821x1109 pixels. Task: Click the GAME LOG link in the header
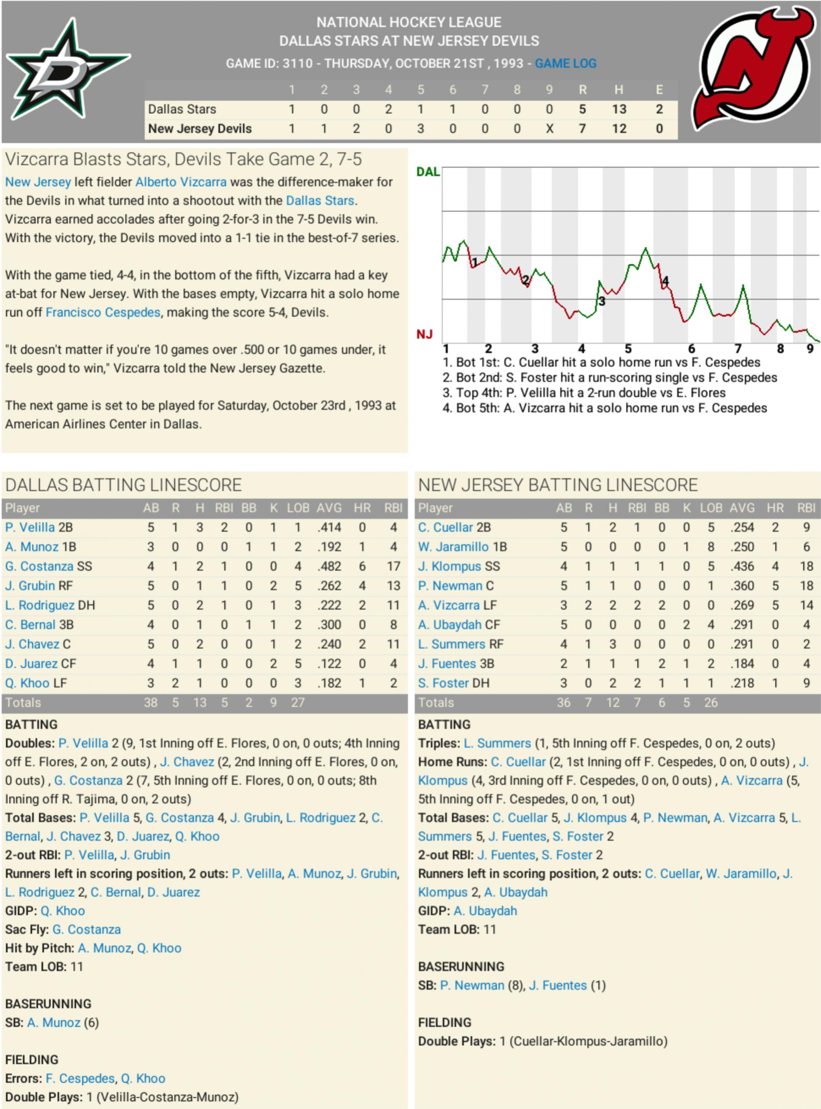point(566,64)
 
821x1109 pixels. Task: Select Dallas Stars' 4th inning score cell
point(388,109)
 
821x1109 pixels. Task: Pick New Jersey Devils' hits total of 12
point(619,129)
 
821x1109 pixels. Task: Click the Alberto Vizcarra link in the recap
point(181,182)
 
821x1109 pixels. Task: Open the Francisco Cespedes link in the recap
point(103,312)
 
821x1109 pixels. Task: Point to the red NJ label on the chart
point(424,335)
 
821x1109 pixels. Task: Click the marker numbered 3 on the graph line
point(602,301)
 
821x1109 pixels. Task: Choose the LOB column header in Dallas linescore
point(298,508)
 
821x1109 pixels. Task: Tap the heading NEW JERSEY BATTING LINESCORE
point(558,485)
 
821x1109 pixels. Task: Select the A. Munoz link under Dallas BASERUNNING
point(54,1023)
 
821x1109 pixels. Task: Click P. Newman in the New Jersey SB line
point(472,985)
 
